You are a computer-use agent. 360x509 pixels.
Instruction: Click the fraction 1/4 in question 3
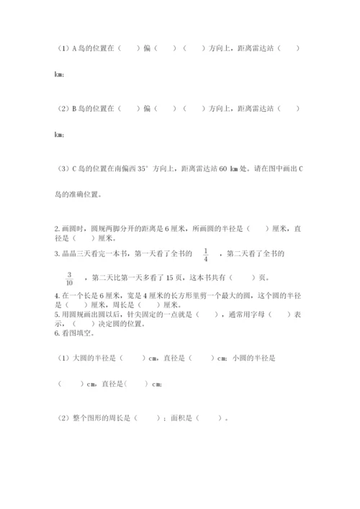(x=205, y=254)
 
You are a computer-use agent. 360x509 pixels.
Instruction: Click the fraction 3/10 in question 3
(x=70, y=278)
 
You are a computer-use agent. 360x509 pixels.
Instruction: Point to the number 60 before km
(x=224, y=168)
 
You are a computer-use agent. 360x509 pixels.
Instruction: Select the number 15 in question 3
(x=181, y=277)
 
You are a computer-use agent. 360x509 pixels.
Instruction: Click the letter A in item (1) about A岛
(x=75, y=49)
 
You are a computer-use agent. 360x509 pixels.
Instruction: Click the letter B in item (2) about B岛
(x=75, y=109)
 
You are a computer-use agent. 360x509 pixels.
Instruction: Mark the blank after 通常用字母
(x=277, y=314)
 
